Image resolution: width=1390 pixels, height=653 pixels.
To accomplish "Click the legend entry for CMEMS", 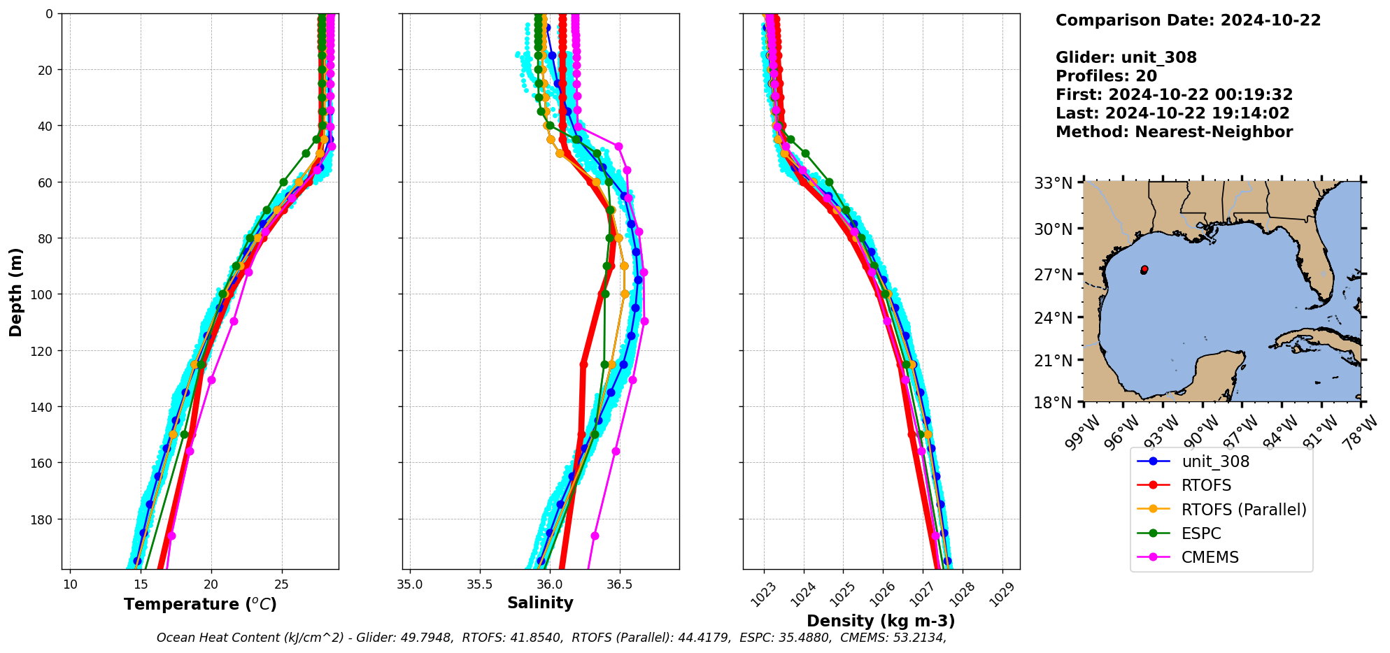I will [x=1210, y=557].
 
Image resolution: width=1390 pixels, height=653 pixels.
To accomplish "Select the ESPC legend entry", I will [x=1200, y=533].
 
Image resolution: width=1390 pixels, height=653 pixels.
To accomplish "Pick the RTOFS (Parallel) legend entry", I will [x=1243, y=510].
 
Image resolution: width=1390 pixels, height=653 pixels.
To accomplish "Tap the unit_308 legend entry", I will [x=1215, y=461].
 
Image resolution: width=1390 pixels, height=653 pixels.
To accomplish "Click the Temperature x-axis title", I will [x=200, y=604].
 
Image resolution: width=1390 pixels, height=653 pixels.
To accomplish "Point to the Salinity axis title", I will [x=540, y=603].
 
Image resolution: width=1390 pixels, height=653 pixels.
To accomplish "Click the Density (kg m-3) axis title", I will [x=881, y=621].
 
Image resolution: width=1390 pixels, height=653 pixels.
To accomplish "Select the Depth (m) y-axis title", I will [x=15, y=292].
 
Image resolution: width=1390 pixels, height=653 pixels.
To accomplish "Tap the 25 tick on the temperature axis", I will [x=282, y=584].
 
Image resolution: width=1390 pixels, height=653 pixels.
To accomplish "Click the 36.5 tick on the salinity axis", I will [x=619, y=584].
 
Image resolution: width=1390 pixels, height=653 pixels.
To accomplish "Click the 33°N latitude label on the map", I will [x=1054, y=183].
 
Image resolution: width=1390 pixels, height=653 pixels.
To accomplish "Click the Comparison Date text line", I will [x=1188, y=20].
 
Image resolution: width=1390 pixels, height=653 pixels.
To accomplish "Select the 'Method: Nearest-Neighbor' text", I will [x=1174, y=132].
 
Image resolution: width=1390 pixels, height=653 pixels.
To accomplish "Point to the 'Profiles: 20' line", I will [x=1106, y=76].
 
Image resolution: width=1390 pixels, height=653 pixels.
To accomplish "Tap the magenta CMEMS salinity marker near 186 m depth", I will [x=595, y=536].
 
